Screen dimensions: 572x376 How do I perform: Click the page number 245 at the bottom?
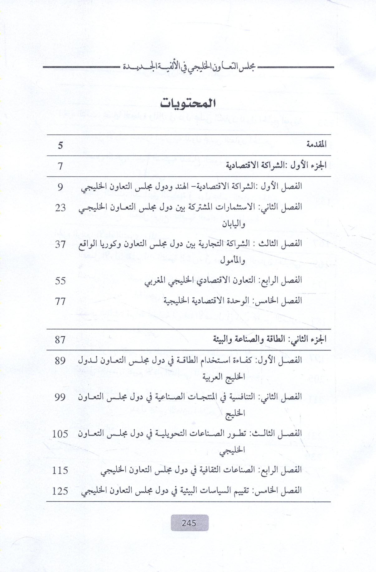pos(189,523)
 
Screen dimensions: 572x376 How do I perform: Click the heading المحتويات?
pos(188,103)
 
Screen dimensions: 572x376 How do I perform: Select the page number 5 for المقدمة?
pos(60,145)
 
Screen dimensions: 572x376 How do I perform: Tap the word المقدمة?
pos(316,144)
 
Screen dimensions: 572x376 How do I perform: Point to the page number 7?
pos(60,166)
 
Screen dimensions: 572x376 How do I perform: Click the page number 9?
pos(60,187)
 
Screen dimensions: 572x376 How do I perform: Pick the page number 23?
pos(60,208)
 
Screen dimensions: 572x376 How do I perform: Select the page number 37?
pos(60,244)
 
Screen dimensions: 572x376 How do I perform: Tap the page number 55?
pos(60,281)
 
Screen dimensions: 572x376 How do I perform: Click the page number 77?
pos(60,301)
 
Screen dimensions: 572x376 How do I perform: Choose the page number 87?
pos(60,340)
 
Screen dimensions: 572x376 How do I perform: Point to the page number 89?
pos(60,361)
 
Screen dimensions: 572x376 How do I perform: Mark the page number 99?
pos(60,397)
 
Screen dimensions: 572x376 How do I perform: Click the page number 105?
pos(60,434)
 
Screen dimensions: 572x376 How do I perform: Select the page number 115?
pos(60,470)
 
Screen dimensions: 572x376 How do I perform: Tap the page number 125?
pos(60,491)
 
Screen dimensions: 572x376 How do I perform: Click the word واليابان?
pos(234,224)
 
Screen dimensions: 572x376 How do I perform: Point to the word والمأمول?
pos(233,260)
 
